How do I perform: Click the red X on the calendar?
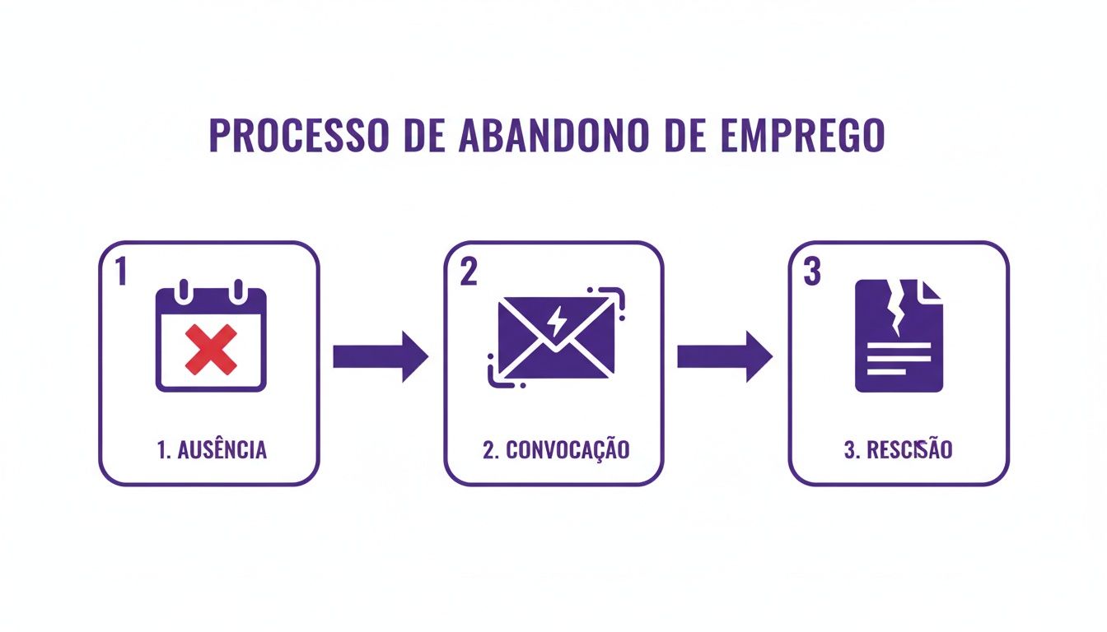pyautogui.click(x=211, y=349)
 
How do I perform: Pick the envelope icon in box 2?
pyautogui.click(x=556, y=337)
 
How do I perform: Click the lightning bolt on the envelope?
pyautogui.click(x=557, y=320)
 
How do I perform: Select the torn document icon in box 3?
pyautogui.click(x=899, y=336)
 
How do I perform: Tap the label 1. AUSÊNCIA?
pyautogui.click(x=211, y=450)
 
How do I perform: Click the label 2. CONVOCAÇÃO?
pyautogui.click(x=556, y=450)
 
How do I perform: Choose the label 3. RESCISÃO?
pyautogui.click(x=899, y=450)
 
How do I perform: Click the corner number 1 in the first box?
pyautogui.click(x=121, y=272)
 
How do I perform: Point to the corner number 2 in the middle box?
pyautogui.click(x=468, y=272)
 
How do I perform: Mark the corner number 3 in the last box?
pyautogui.click(x=812, y=272)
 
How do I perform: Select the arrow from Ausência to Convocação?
pyautogui.click(x=381, y=356)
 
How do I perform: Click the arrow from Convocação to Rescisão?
pyautogui.click(x=725, y=356)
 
